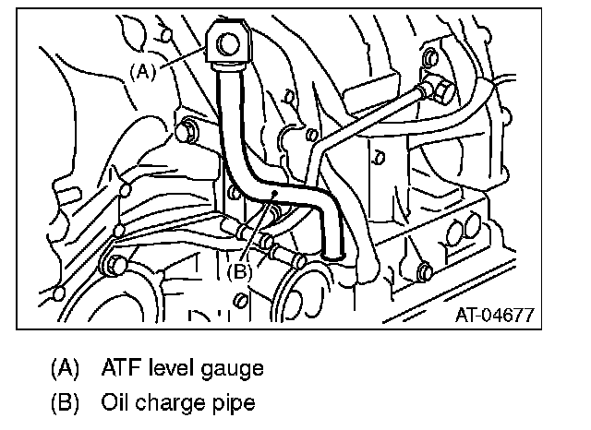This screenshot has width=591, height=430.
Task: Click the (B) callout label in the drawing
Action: [x=239, y=272]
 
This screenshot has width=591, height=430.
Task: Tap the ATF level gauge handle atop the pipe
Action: [x=228, y=47]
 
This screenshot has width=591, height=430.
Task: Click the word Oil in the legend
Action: [x=117, y=403]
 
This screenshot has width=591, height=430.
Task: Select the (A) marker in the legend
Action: [x=66, y=368]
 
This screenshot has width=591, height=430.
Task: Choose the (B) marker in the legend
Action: [x=66, y=403]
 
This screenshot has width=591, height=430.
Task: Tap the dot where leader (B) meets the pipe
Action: [x=274, y=195]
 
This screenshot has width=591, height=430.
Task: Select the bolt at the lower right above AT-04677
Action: [x=424, y=271]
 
